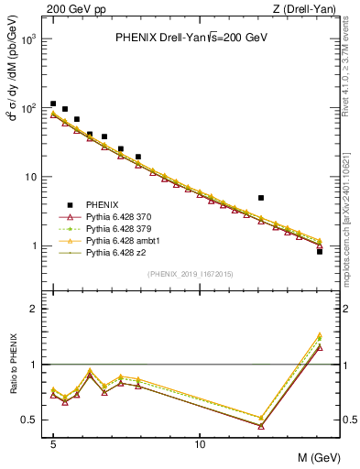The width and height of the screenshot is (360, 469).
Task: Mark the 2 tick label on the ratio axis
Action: point(35,309)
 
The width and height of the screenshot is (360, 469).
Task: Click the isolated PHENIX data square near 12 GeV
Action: point(261,197)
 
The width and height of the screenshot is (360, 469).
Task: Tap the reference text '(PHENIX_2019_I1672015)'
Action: point(190,274)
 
